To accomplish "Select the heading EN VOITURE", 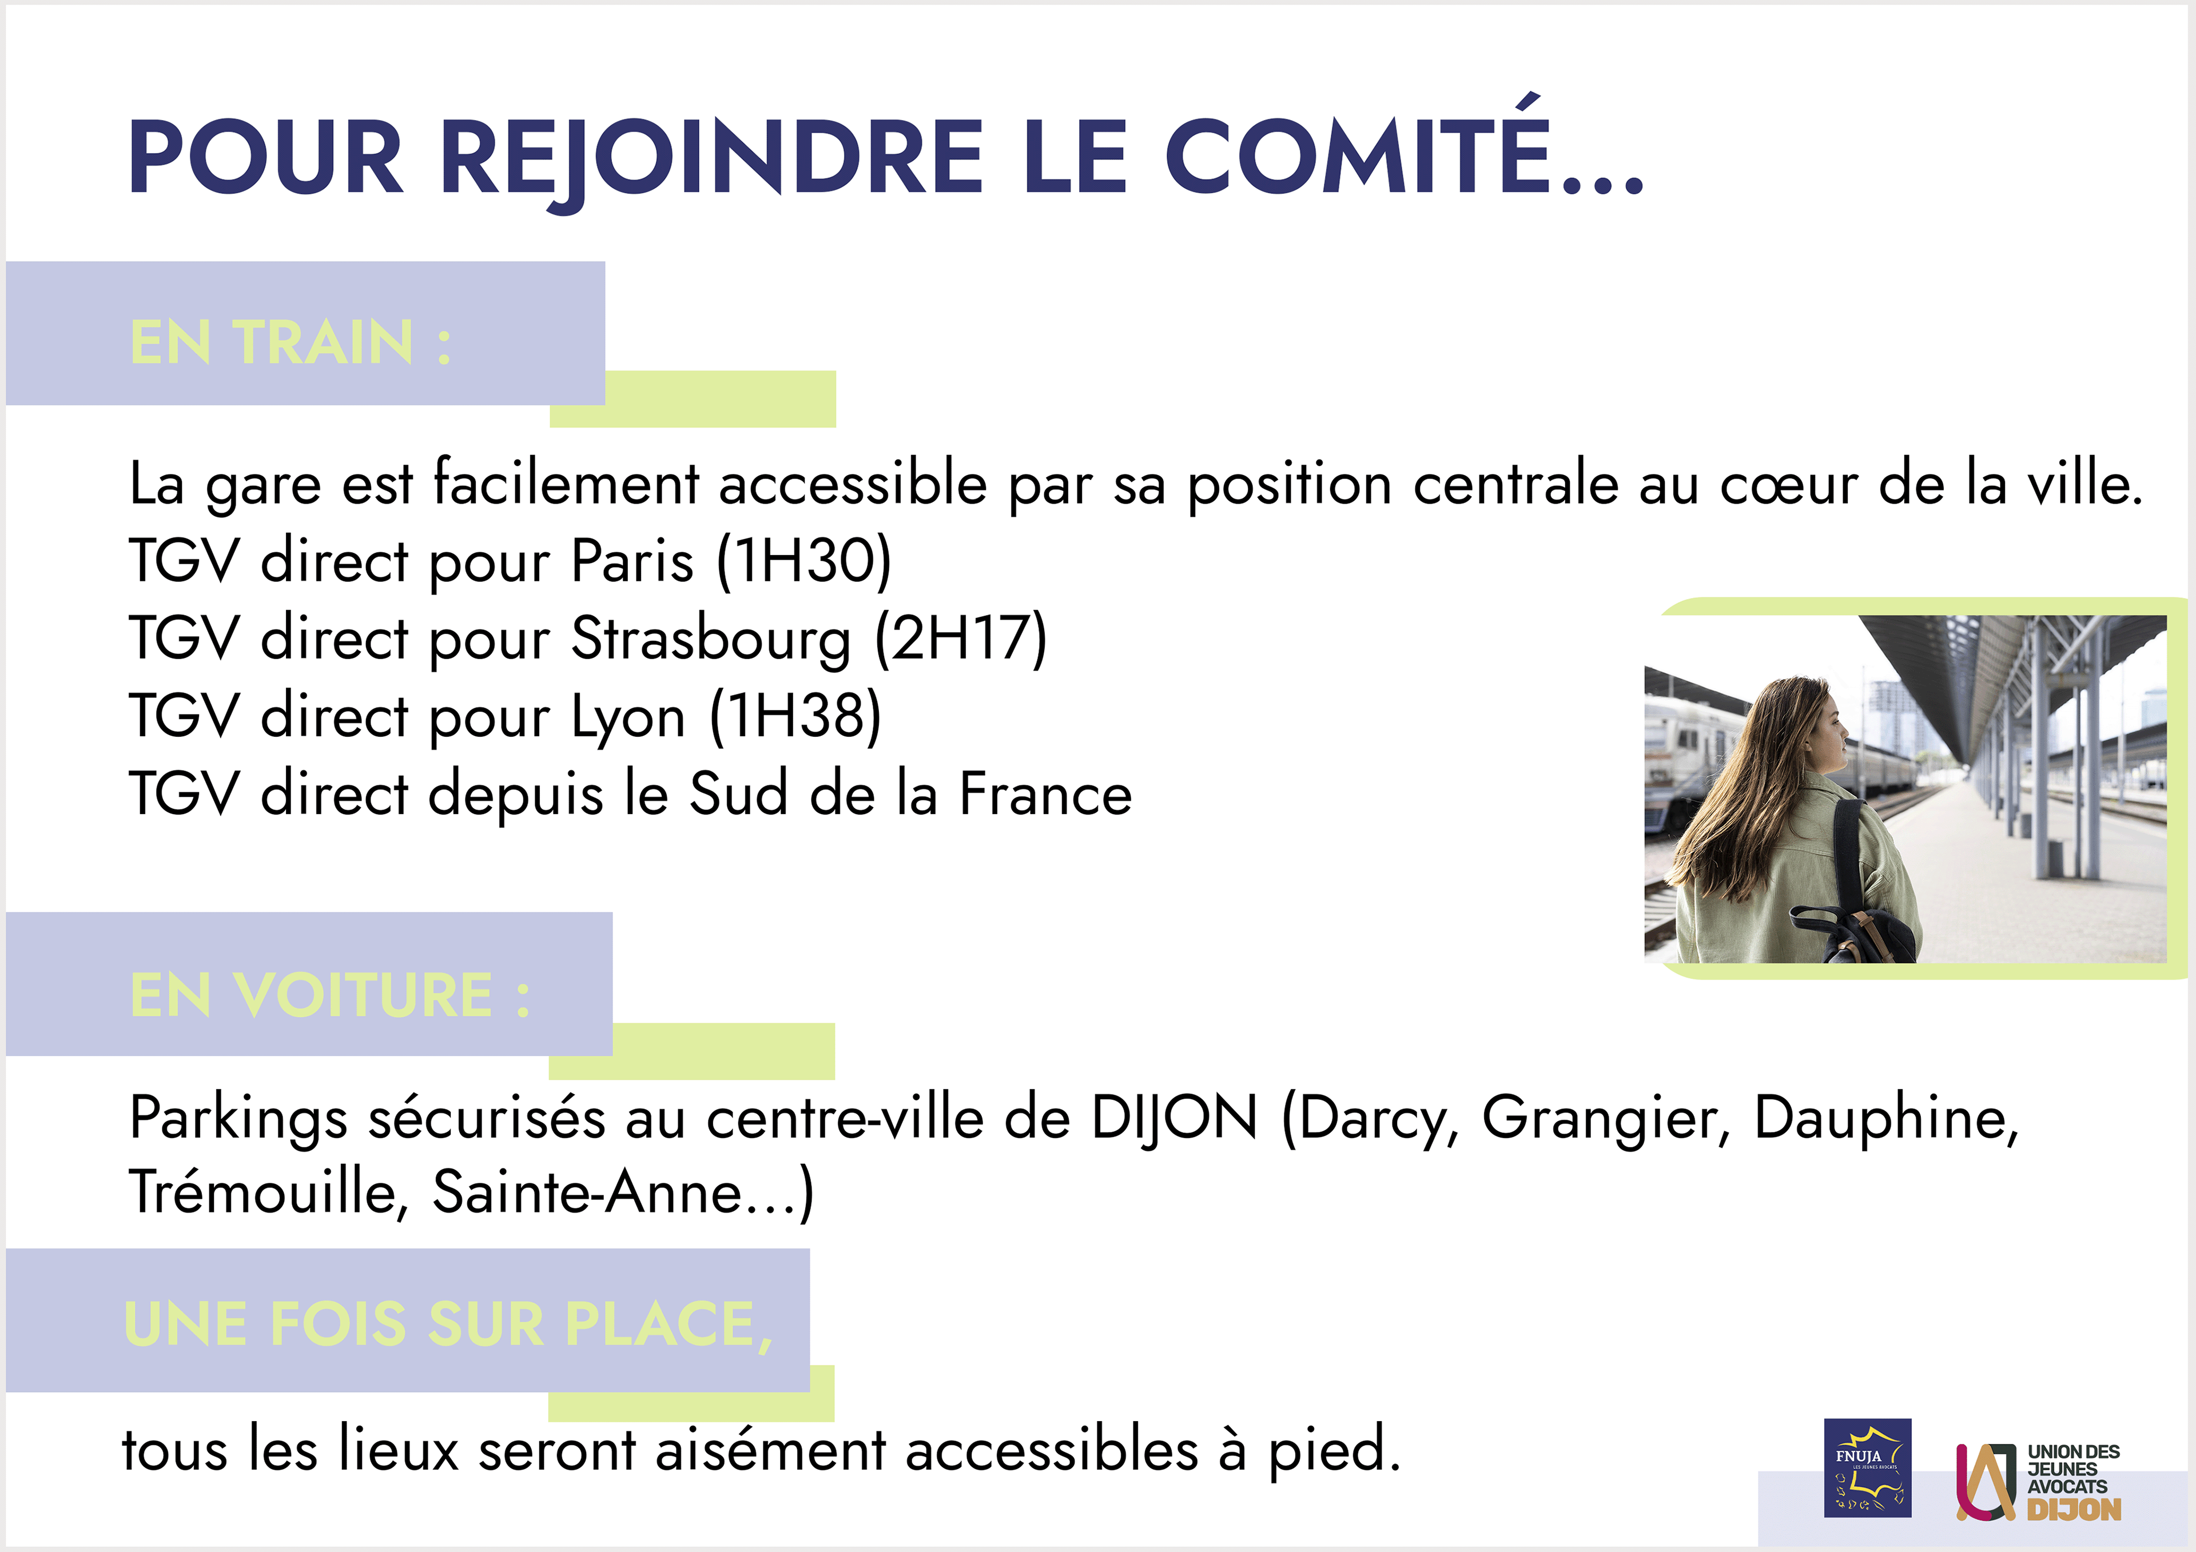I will [329, 995].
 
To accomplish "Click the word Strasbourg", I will [711, 640].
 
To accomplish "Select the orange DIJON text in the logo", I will [2074, 1510].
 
